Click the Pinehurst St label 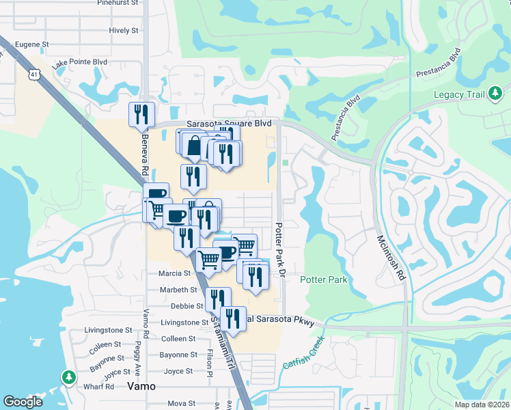pos(118,3)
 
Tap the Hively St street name pos(124,31)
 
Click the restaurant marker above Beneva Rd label pos(142,114)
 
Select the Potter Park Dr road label pos(279,249)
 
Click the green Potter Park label pos(324,279)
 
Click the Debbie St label pos(187,306)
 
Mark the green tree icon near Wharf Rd pos(68,377)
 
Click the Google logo pos(23,402)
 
